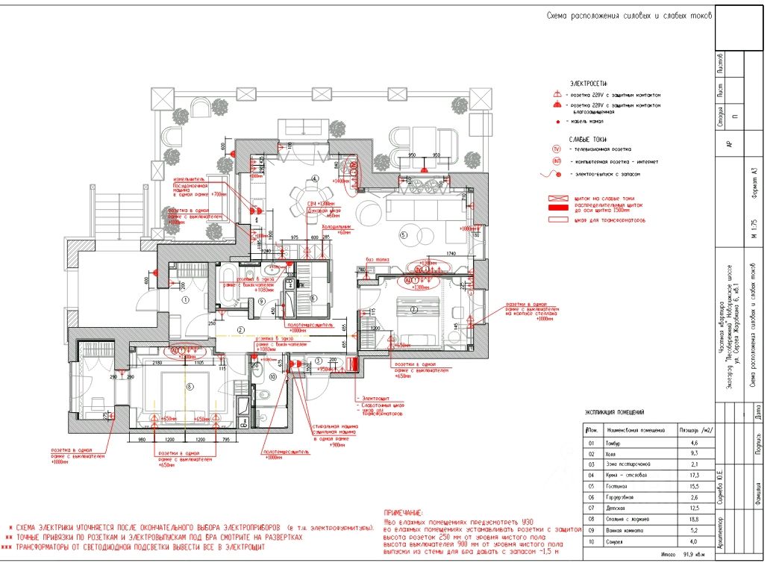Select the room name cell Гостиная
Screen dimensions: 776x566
[618, 485]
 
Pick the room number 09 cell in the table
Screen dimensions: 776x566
[590, 530]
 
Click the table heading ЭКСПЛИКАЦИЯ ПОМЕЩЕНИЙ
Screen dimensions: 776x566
[614, 412]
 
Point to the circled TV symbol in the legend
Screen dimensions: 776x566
[556, 149]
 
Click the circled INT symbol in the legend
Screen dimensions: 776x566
[556, 161]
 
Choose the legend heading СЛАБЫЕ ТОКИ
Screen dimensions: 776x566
[588, 139]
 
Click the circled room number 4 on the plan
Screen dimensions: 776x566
[316, 178]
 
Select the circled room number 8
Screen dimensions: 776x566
[190, 386]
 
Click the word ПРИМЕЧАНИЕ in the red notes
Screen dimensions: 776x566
[402, 514]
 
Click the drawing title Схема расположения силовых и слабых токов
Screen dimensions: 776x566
[629, 15]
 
